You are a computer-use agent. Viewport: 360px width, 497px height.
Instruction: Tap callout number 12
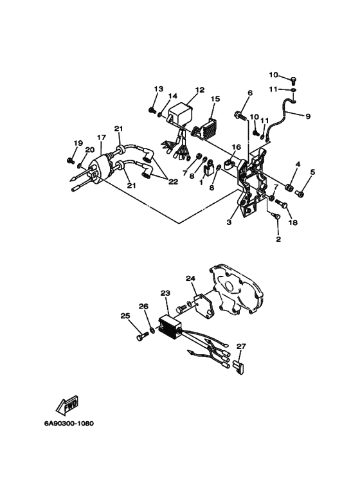tap(182, 90)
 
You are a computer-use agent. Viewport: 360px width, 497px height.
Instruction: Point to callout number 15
tap(215, 98)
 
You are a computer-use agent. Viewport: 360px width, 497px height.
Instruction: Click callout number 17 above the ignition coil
tap(101, 138)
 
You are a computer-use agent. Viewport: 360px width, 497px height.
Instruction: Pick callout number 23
tap(165, 293)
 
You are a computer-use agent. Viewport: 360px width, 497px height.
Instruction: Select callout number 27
tap(241, 347)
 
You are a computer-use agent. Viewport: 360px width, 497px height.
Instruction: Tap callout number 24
tap(190, 278)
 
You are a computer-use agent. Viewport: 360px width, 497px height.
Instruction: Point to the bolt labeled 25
tap(140, 336)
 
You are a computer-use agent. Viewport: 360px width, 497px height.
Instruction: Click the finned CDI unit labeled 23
tap(172, 324)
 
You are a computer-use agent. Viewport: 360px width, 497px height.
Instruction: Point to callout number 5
tap(313, 172)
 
